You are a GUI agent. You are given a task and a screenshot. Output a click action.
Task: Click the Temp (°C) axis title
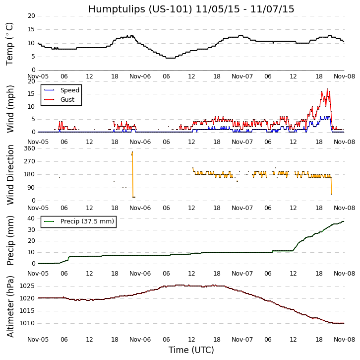[10, 44]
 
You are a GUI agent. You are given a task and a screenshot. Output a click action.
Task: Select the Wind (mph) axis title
[10, 109]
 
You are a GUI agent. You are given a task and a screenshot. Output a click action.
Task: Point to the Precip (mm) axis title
[10, 240]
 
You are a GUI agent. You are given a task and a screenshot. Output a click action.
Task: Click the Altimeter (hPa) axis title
[10, 306]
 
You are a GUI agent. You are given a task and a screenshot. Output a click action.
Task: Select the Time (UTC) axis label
[191, 350]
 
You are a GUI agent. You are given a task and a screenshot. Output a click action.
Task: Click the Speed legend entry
[69, 90]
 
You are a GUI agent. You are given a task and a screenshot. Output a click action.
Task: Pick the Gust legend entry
[67, 100]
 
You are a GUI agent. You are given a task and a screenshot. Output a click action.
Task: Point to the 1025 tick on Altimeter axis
[27, 286]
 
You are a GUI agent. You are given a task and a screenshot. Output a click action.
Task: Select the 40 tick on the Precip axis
[31, 218]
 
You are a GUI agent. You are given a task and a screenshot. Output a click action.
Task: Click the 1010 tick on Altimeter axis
[27, 323]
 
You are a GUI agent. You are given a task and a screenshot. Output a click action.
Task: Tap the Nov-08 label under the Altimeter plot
[344, 340]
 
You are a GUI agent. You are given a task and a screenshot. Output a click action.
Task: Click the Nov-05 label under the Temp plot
[38, 76]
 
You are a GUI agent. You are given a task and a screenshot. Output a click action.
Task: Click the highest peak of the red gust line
[327, 89]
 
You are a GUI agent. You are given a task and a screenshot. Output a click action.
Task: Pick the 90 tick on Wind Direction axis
[31, 188]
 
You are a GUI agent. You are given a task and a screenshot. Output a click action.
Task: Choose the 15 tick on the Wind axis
[31, 94]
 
